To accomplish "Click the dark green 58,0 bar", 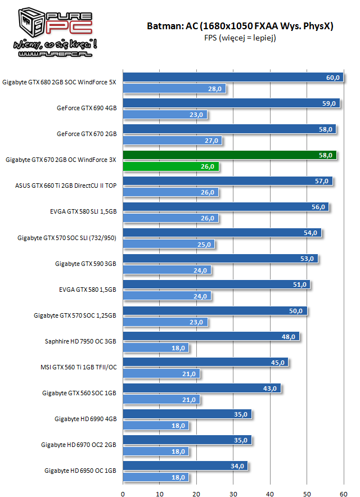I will click(229, 155).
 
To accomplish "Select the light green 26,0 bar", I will click(170, 166).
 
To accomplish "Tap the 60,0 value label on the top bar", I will click(333, 78).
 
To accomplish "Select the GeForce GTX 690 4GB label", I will click(87, 108).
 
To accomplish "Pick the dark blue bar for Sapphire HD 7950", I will click(211, 336).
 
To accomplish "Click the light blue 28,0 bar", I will click(174, 89).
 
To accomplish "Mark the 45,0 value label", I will click(278, 363).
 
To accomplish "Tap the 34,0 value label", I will click(238, 466).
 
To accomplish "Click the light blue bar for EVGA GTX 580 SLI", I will click(170, 218).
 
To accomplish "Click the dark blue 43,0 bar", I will click(201, 388).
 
